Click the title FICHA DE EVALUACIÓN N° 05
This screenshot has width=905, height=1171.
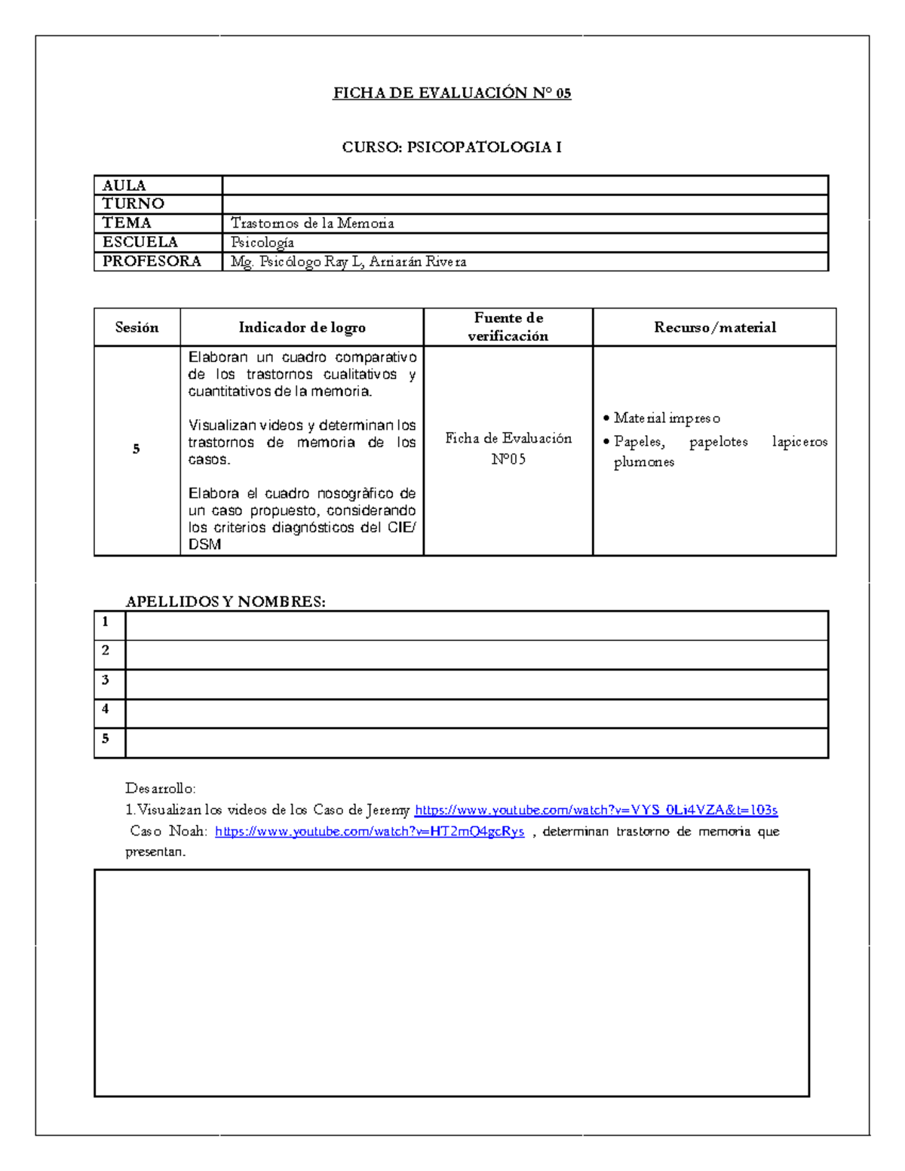(452, 93)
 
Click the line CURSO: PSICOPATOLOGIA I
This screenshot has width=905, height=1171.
(452, 147)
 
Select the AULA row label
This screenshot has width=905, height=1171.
(124, 185)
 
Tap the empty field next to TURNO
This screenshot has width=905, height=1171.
(525, 204)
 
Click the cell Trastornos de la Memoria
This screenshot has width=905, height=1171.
(312, 223)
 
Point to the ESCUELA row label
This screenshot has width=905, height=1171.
(140, 242)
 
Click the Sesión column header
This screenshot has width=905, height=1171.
(137, 327)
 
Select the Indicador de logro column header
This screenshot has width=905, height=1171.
(302, 327)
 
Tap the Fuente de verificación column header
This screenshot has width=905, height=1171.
(508, 327)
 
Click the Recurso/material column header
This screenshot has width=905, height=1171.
(714, 327)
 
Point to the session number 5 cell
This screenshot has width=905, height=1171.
(137, 449)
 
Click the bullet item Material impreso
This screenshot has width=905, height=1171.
(667, 418)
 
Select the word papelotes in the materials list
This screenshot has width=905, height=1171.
(718, 442)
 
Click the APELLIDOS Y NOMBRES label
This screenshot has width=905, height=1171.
(225, 602)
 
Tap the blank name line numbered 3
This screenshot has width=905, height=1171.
(477, 684)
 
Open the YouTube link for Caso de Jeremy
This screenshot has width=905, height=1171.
(596, 810)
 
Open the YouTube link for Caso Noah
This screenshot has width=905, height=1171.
(370, 832)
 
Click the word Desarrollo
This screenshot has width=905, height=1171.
(161, 789)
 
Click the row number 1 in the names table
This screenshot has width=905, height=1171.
(106, 622)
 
